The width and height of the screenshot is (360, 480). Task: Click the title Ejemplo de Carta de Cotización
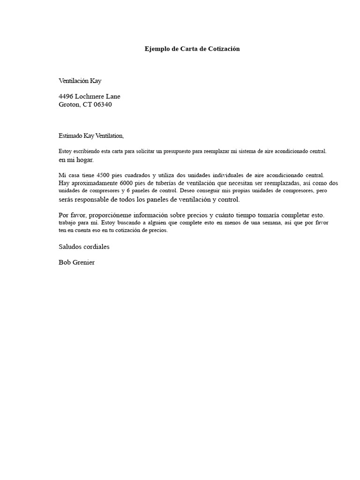pyautogui.click(x=192, y=49)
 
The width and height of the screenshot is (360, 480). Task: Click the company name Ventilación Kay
pyautogui.click(x=80, y=81)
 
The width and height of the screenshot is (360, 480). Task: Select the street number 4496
pyautogui.click(x=66, y=97)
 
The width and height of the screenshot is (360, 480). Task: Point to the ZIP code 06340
pyautogui.click(x=103, y=105)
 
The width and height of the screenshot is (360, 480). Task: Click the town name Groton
pyautogui.click(x=69, y=105)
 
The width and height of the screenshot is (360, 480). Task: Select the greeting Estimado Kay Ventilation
pyautogui.click(x=91, y=136)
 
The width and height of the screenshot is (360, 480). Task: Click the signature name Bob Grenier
pyautogui.click(x=76, y=262)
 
